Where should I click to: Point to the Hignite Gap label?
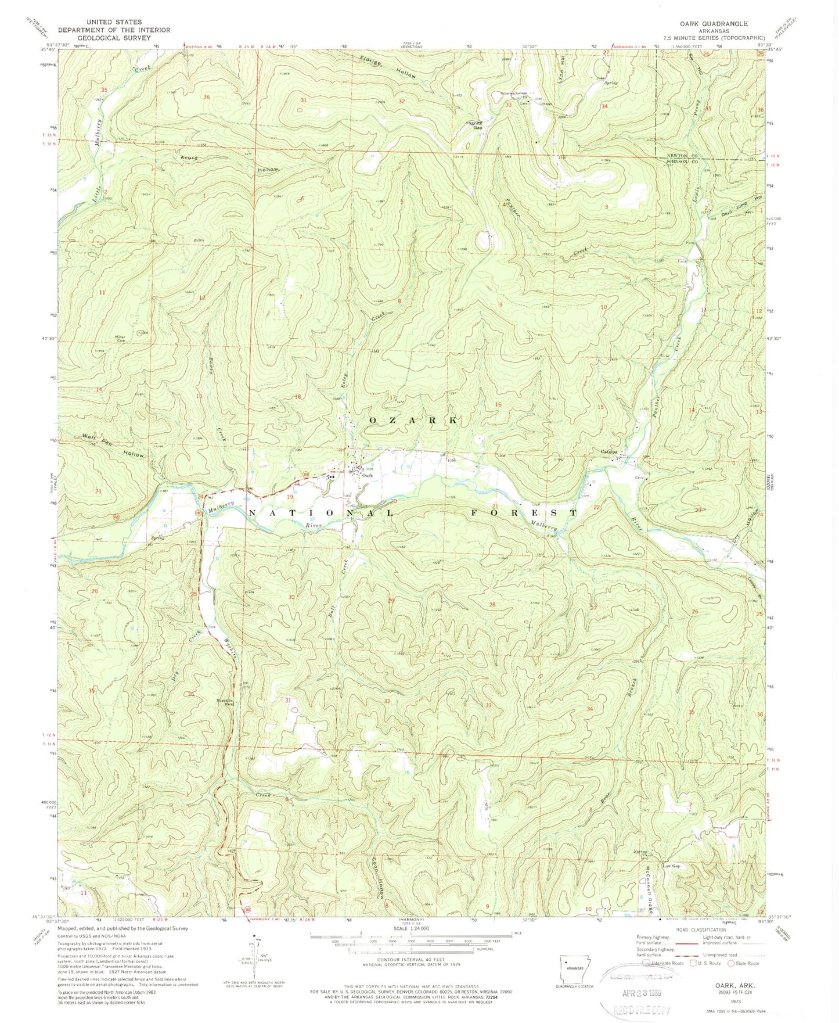coord(474,125)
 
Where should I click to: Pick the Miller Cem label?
coord(120,339)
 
